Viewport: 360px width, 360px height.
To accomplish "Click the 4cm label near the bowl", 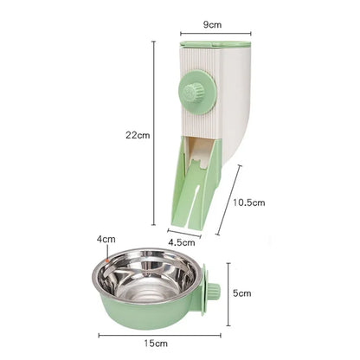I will click(106, 239).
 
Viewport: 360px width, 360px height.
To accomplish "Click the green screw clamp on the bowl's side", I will click(213, 295).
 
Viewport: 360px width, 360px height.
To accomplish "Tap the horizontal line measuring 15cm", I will click(159, 336).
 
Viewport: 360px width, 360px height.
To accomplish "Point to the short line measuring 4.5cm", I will click(183, 231).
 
